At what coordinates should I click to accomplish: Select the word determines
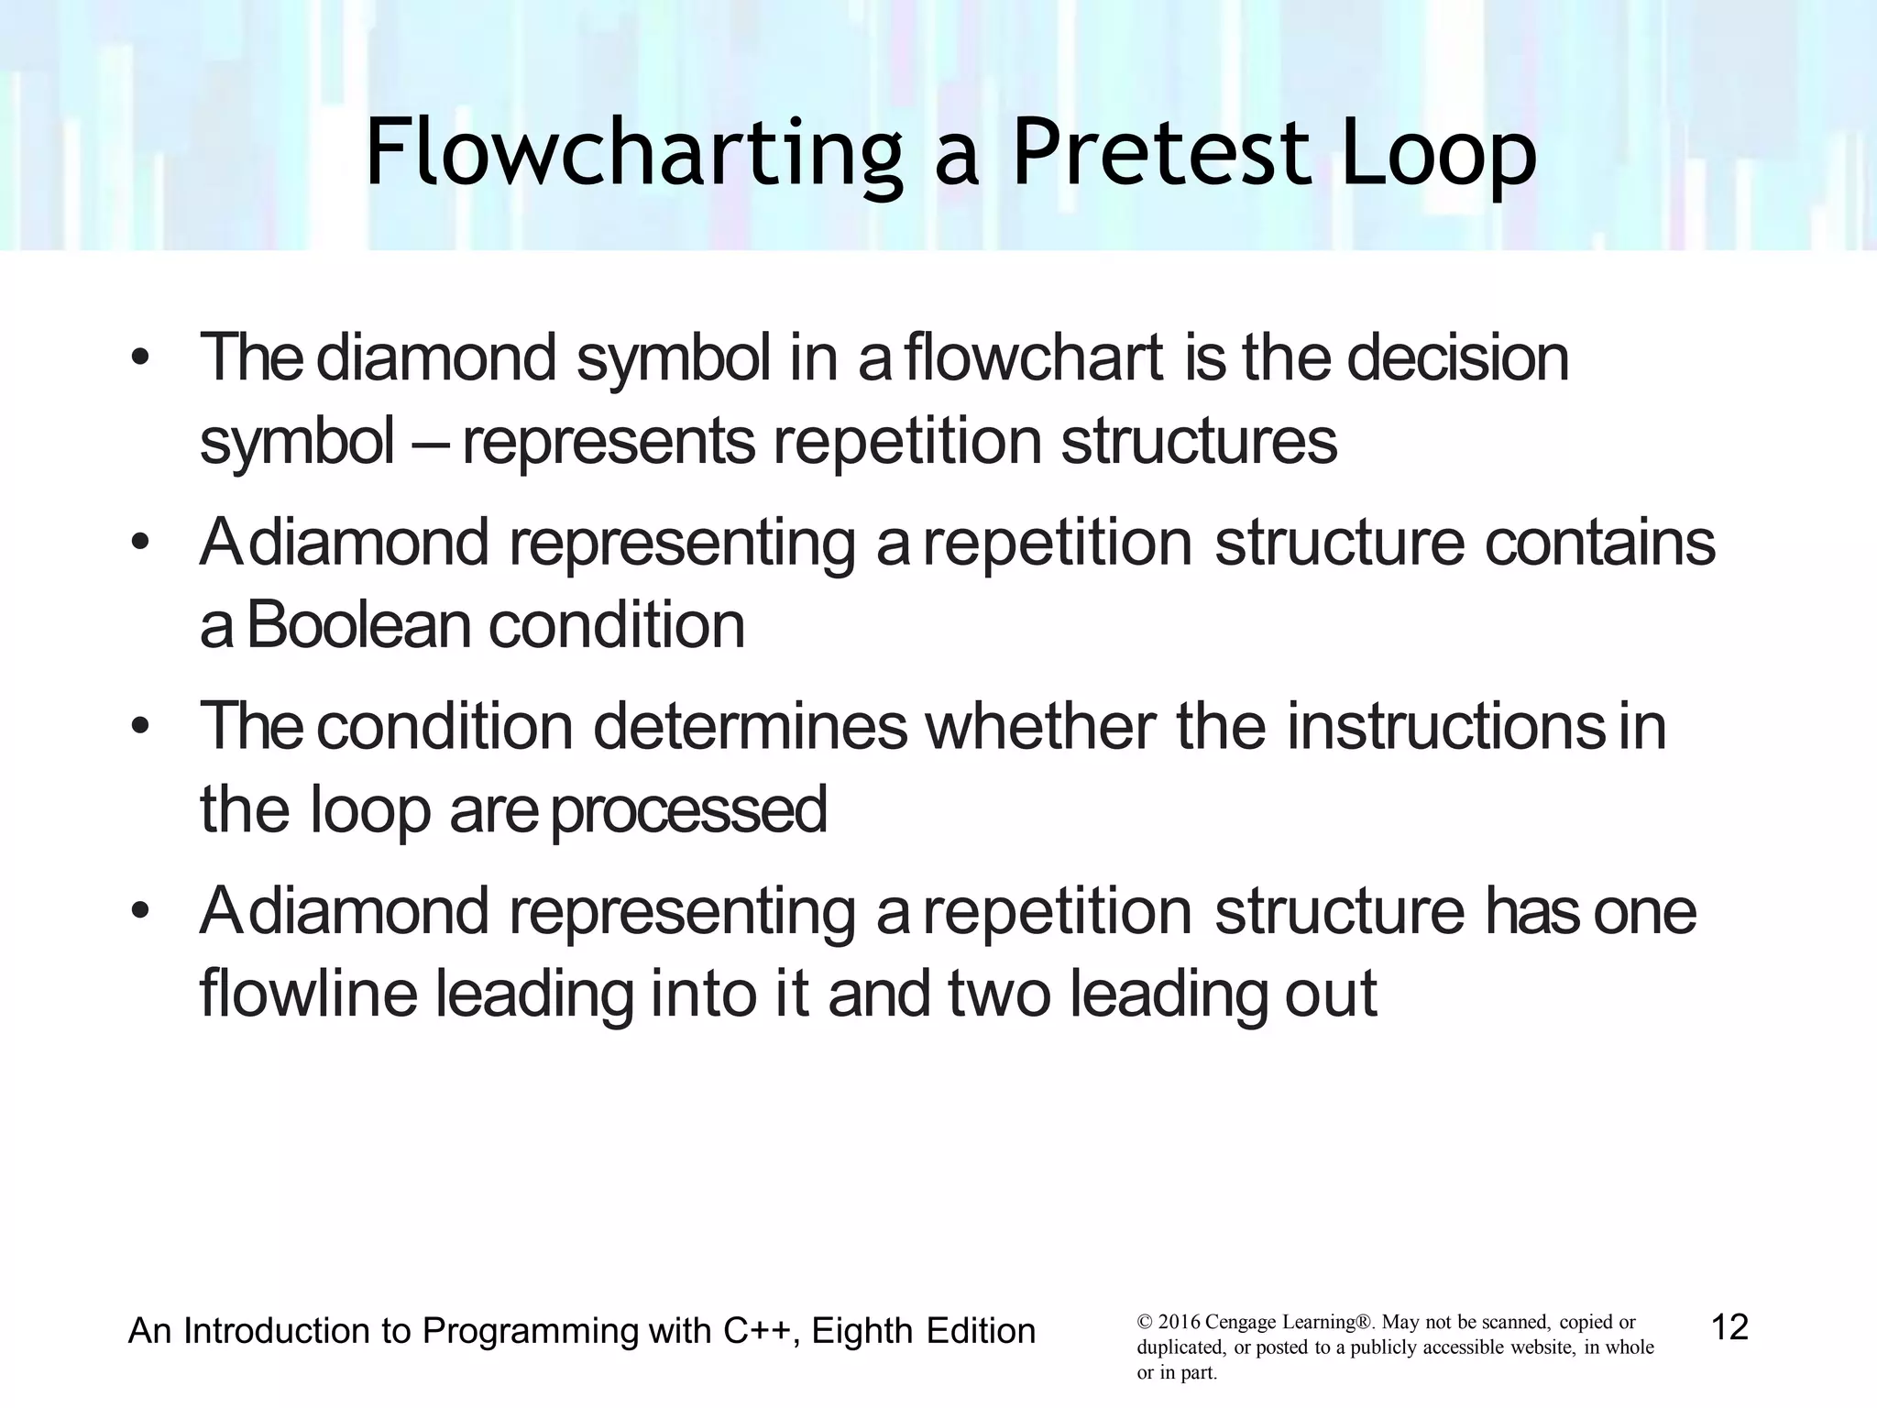(x=750, y=727)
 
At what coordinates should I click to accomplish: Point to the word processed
(x=688, y=811)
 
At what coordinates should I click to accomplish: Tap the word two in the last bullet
(x=999, y=995)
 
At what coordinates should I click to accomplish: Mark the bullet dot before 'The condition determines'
(x=139, y=727)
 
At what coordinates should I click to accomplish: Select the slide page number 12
(x=1730, y=1326)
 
